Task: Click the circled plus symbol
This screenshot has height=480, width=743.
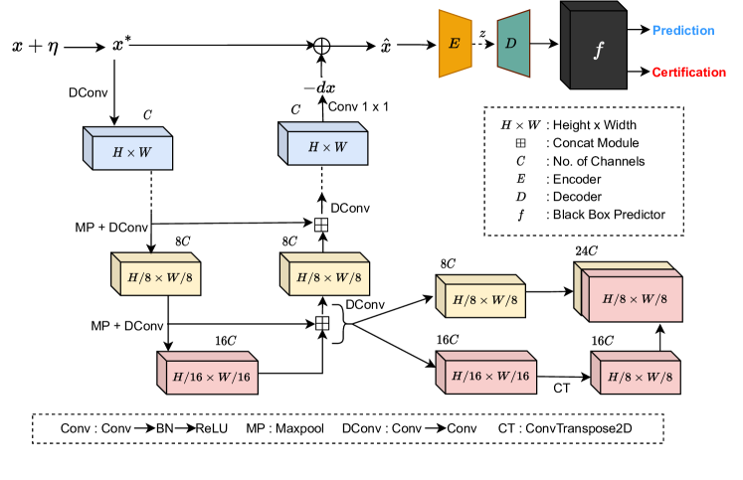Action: click(321, 47)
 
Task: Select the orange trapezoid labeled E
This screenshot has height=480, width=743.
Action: click(455, 44)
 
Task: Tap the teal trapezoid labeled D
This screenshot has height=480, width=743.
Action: click(513, 44)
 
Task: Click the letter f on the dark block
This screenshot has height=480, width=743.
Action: click(598, 51)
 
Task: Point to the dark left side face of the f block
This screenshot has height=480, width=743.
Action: click(565, 45)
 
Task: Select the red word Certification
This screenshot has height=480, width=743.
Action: click(688, 73)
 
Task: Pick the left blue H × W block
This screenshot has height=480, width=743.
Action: click(132, 153)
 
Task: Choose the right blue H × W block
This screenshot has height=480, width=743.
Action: click(327, 147)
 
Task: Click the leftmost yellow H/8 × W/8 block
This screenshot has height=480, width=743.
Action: click(160, 278)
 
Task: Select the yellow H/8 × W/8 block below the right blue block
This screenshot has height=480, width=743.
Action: click(328, 278)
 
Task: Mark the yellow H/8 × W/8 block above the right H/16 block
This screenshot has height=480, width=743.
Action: click(484, 300)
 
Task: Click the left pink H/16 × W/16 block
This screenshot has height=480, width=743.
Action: click(212, 377)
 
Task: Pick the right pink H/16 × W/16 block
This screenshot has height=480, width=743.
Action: click(490, 377)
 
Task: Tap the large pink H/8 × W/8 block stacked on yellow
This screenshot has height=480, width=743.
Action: click(635, 299)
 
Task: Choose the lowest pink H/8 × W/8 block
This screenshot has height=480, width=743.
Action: click(640, 377)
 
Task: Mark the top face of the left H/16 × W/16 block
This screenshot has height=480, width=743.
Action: click(207, 357)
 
